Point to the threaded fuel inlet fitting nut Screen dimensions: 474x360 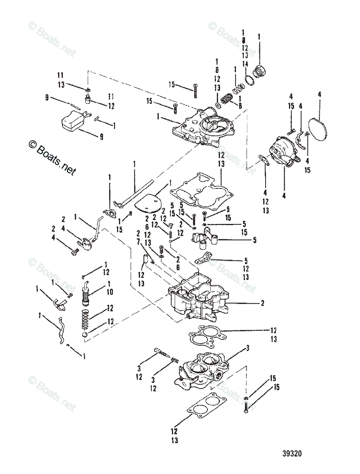tap(260, 73)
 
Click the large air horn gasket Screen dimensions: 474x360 tap(198, 192)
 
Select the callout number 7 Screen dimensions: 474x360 tap(139, 247)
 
